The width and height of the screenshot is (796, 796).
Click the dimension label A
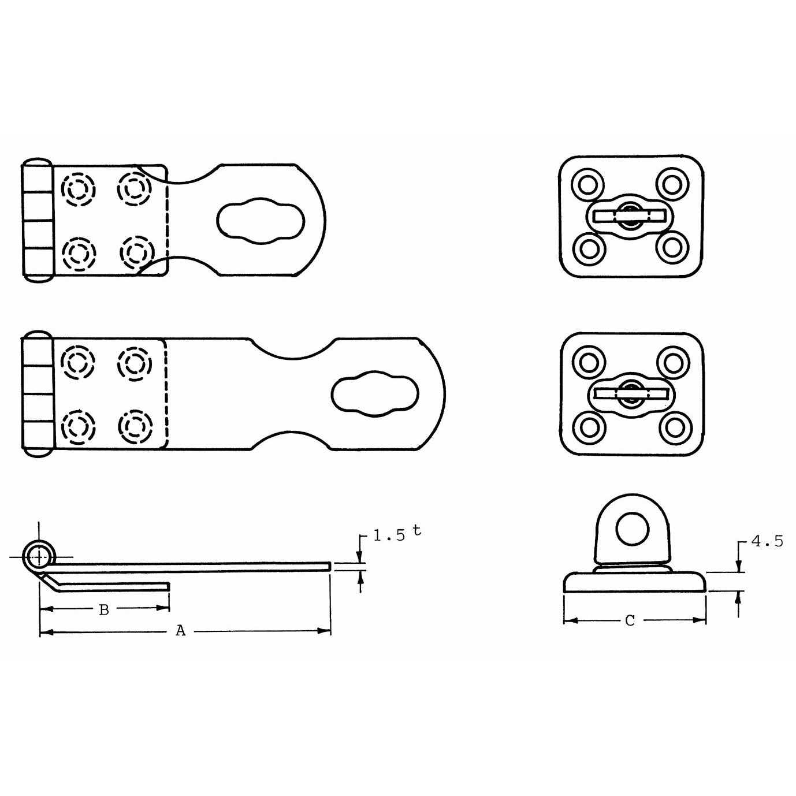click(181, 631)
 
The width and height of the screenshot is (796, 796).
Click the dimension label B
click(104, 609)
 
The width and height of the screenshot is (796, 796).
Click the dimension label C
click(630, 621)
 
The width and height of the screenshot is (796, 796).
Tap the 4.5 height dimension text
click(767, 542)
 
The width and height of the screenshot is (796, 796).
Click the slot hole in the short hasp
click(261, 221)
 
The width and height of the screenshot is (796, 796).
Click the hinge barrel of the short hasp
click(38, 220)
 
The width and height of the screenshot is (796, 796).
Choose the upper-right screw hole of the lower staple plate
click(674, 363)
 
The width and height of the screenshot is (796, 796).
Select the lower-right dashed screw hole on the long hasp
click(134, 426)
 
